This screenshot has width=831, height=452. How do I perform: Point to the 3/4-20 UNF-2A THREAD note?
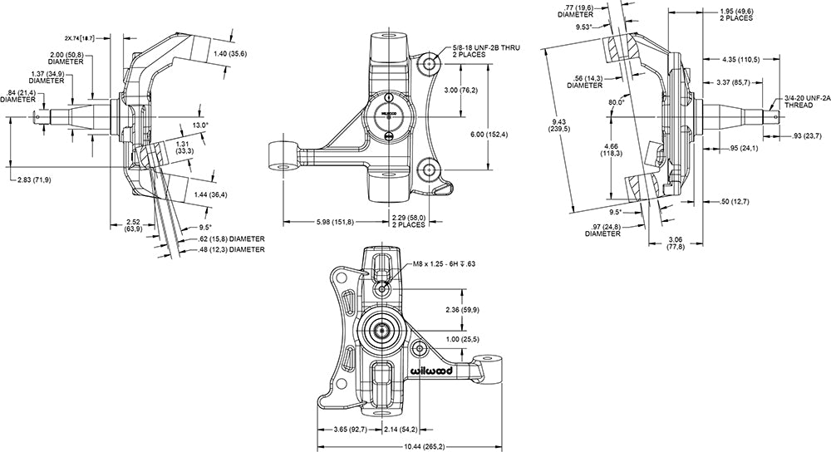click(x=806, y=103)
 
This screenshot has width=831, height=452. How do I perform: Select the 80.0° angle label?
click(x=615, y=103)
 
